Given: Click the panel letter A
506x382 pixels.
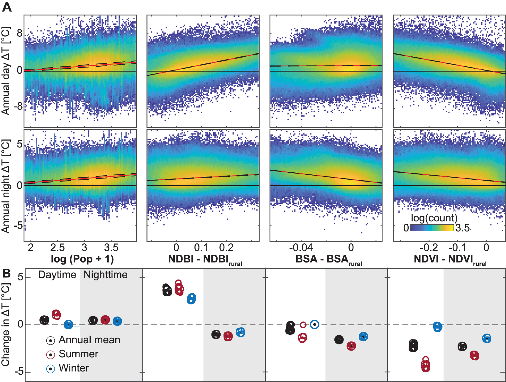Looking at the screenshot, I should click(x=7, y=6).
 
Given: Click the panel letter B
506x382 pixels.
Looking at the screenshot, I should click(x=7, y=273).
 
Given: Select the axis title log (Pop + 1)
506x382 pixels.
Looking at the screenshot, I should click(x=82, y=259).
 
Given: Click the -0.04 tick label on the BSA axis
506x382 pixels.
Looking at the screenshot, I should click(x=301, y=248).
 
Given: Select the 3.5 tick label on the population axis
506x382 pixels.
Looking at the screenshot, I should click(x=111, y=248).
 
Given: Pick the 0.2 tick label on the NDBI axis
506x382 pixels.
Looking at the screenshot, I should click(x=226, y=248).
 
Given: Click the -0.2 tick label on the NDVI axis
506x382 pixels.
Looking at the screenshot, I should click(x=429, y=248).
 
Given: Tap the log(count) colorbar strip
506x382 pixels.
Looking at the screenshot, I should click(x=432, y=228).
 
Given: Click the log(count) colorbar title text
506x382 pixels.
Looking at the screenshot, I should click(x=434, y=218).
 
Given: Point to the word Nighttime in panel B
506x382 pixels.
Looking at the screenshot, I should click(x=106, y=275).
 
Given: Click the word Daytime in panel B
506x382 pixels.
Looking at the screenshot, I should click(x=57, y=275).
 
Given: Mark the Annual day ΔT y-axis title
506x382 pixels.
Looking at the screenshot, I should click(x=6, y=71).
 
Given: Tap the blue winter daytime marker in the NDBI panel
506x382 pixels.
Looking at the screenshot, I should click(x=191, y=299).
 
